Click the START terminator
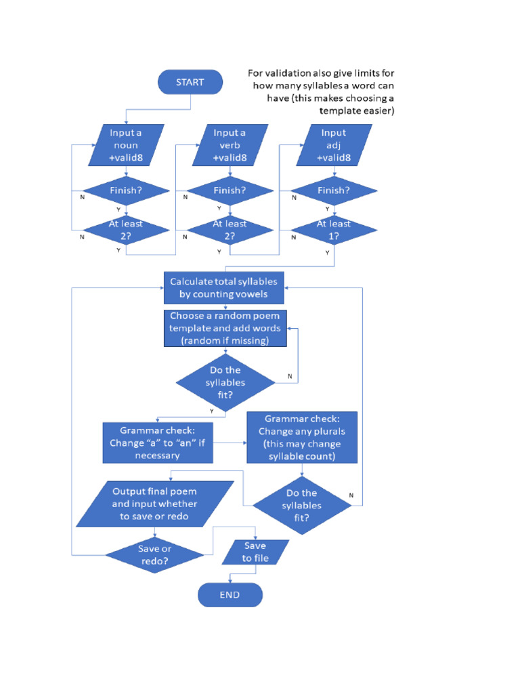tap(190, 82)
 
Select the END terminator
tap(230, 595)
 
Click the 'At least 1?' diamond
tap(334, 230)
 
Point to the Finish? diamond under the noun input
tap(126, 191)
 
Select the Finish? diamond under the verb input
tap(230, 191)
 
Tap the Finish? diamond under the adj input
tap(334, 191)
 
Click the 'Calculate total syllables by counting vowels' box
tap(224, 288)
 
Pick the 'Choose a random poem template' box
tap(224, 329)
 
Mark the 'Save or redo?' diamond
tap(155, 555)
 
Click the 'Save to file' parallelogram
tap(255, 552)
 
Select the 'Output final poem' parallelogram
tap(155, 504)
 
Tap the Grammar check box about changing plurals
tap(302, 437)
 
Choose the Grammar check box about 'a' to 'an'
tap(157, 443)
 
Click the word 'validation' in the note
tap(292, 73)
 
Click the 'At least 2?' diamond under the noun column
tap(126, 230)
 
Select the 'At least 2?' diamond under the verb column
tap(230, 230)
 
